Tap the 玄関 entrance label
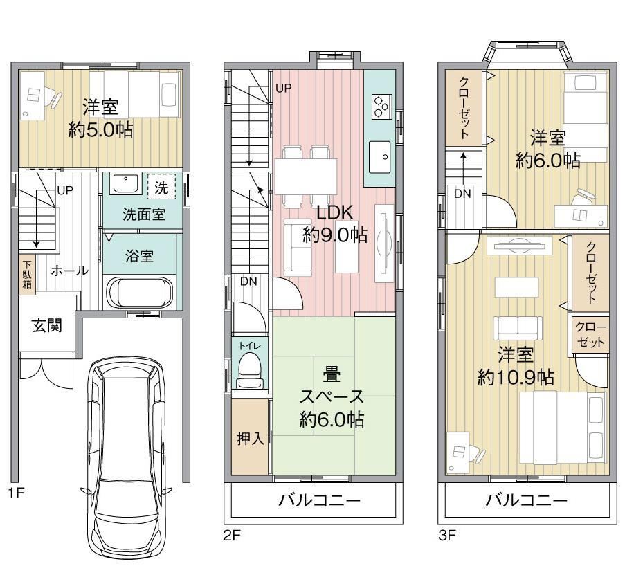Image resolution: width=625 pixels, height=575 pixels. pos(47,326)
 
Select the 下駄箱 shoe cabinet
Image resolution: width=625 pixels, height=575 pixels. pos(27,274)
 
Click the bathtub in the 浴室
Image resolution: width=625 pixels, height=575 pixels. pos(140,292)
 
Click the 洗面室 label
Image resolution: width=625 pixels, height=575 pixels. pos(144,215)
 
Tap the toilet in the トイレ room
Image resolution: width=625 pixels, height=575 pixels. pos(250,371)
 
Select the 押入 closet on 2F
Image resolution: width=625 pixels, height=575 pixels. pos(250,437)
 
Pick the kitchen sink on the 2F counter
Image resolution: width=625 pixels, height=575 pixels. pos(379,156)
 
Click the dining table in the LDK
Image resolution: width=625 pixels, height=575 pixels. pos(306,176)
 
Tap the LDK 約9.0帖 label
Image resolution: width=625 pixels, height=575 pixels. pos(335,224)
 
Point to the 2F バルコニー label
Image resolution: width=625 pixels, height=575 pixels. pos(319,500)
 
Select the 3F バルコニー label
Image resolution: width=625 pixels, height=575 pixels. pos(526,500)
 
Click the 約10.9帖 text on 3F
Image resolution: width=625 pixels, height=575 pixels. pos(516,376)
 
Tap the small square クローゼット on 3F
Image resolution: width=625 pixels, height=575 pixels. pos(590,334)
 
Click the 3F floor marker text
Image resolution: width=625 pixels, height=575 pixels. pos(447,535)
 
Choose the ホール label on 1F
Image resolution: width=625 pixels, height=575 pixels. pos(69,271)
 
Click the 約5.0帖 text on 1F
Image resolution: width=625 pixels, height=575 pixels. pos(100,130)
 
